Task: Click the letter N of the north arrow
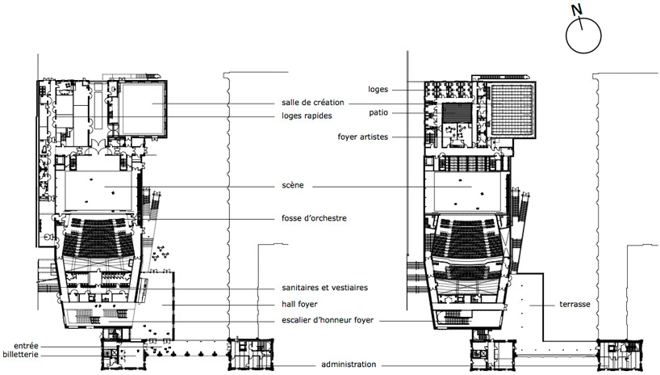[576, 10]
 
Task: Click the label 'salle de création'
[313, 103]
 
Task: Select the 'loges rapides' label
[307, 116]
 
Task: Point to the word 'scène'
[293, 185]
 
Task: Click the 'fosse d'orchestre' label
[314, 218]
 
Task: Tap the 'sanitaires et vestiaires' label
[324, 288]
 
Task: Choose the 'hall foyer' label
[299, 304]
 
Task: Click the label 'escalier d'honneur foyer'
[328, 320]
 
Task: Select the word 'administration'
[349, 364]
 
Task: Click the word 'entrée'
[26, 346]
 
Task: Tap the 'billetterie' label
[21, 354]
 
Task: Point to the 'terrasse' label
[574, 304]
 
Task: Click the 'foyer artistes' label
[363, 137]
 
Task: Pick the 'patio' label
[378, 112]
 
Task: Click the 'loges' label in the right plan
[378, 90]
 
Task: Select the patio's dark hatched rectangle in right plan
[457, 112]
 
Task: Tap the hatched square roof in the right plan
[511, 109]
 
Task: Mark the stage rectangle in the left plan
[101, 190]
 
